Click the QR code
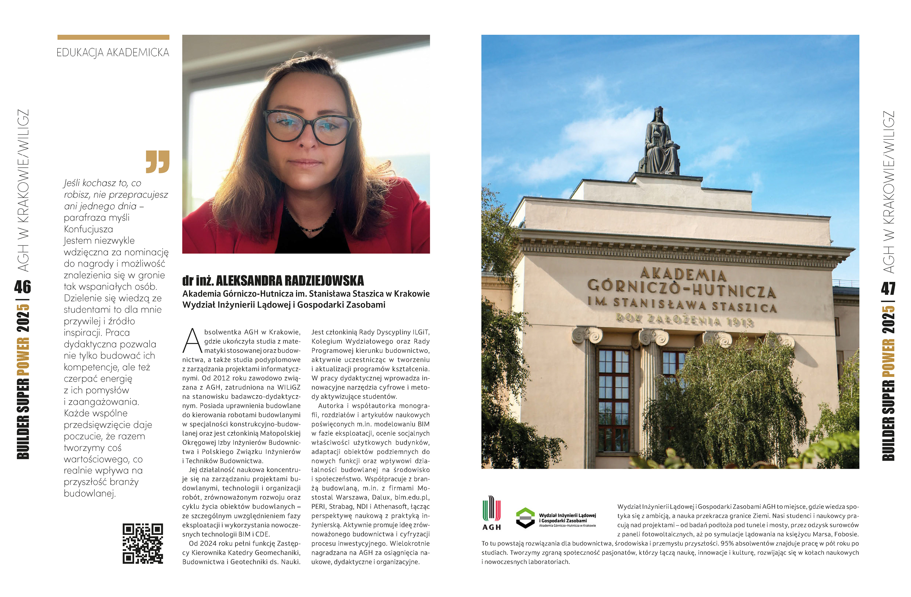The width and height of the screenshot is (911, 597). pyautogui.click(x=143, y=543)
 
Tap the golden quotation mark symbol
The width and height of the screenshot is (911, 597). pyautogui.click(x=157, y=161)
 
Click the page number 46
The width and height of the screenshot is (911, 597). pyautogui.click(x=22, y=286)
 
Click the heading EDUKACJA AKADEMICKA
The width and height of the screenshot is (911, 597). pyautogui.click(x=112, y=53)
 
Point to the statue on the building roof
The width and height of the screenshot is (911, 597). pyautogui.click(x=659, y=142)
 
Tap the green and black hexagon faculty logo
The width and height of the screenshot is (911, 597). pyautogui.click(x=525, y=518)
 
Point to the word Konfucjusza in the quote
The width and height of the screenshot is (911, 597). pyautogui.click(x=89, y=229)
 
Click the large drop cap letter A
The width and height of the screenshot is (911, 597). pyautogui.click(x=192, y=340)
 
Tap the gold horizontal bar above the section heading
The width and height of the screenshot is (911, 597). pyautogui.click(x=113, y=37)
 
